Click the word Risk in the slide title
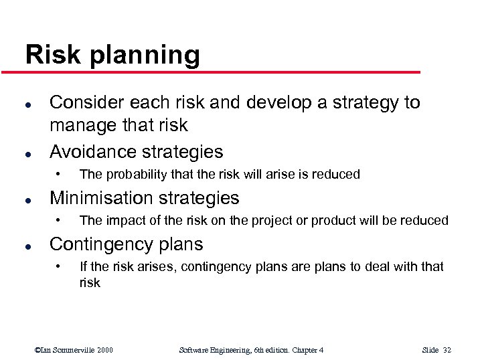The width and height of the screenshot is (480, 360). [x=48, y=54]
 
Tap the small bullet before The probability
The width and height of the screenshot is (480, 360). [x=59, y=175]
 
